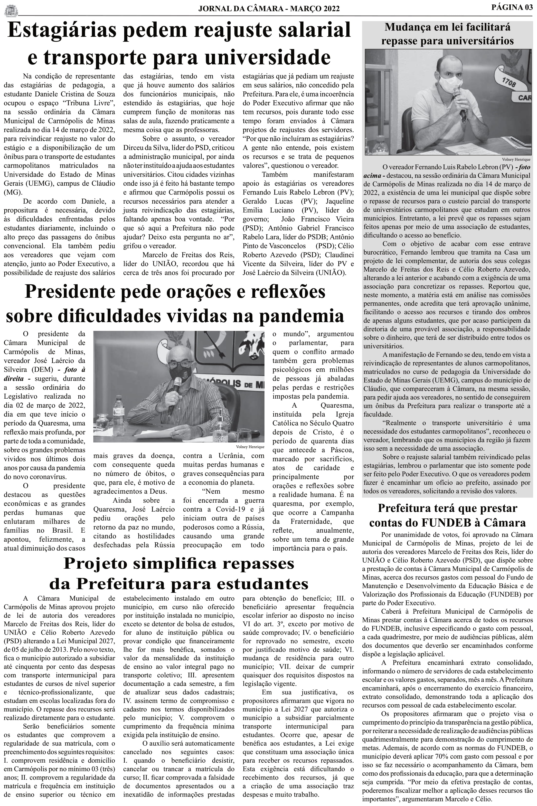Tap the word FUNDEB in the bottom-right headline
[x=444, y=523]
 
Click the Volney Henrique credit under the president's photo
[x=250, y=447]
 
